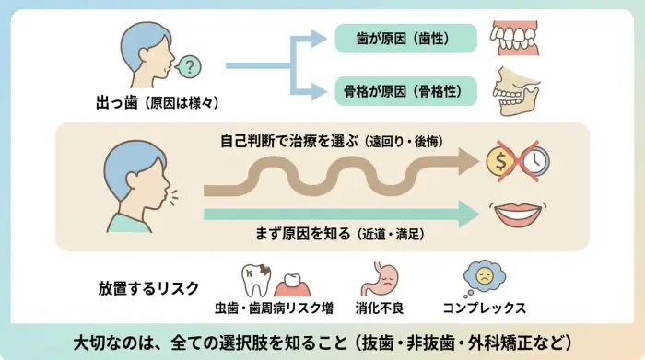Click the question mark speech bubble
click(189, 66)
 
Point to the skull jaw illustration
click(517, 91)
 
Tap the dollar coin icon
click(501, 163)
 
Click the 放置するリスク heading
click(148, 287)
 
